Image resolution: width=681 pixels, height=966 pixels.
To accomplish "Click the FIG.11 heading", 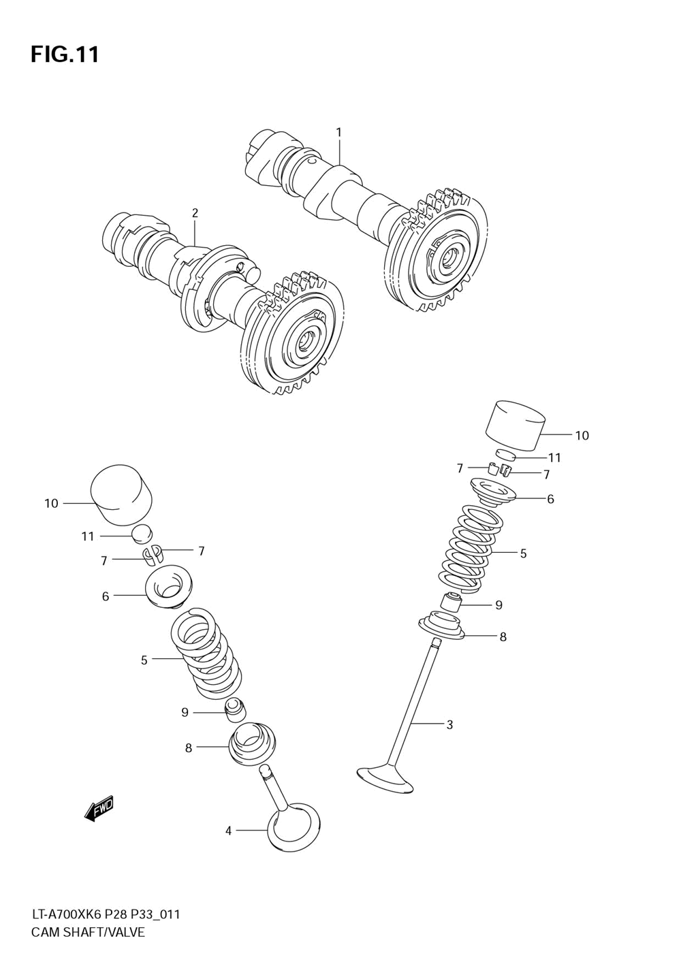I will pos(65,54).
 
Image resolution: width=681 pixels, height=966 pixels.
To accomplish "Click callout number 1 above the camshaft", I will pos(338,132).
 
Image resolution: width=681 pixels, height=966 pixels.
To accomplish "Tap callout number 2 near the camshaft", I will pos(195,213).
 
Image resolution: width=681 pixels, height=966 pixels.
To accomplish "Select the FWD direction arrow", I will pos(99,808).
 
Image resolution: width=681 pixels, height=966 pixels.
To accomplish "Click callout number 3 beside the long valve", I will pos(449,725).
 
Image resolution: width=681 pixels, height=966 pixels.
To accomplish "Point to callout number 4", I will pos(229,831).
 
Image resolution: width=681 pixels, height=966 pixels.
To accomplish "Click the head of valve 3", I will pos(385,779).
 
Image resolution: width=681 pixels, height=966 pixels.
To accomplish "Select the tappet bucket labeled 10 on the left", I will pos(121,496).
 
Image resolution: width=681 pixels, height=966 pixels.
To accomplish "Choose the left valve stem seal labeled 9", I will pos(234,710).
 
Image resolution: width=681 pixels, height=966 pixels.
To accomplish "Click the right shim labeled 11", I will pos(507,455).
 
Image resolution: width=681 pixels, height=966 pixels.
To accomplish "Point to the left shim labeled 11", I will pos(142,535).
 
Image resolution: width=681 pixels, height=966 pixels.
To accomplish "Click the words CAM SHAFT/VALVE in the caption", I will pos(88,933).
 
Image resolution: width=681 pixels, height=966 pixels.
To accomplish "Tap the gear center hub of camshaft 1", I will pos(449,258).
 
